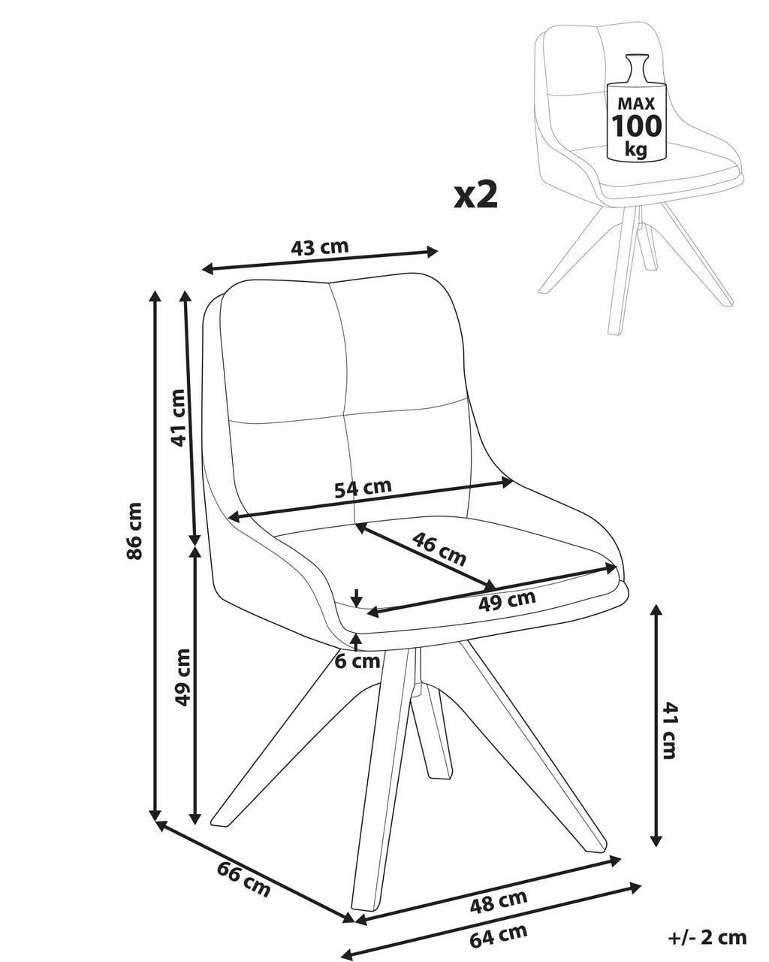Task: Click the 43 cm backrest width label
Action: pyautogui.click(x=319, y=247)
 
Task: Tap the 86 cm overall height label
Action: pyautogui.click(x=134, y=531)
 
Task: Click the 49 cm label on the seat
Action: pyautogui.click(x=507, y=601)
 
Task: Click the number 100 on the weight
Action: pyautogui.click(x=636, y=126)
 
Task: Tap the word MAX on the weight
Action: pyautogui.click(x=636, y=103)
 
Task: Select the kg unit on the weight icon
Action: pyautogui.click(x=636, y=150)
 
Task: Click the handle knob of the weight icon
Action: pyautogui.click(x=636, y=59)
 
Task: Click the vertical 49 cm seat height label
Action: pyautogui.click(x=182, y=677)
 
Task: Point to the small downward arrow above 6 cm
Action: pyautogui.click(x=356, y=597)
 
